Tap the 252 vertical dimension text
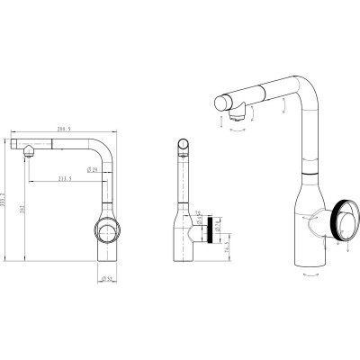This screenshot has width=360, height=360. pyautogui.click(x=22, y=209)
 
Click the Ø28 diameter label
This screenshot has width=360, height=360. pyautogui.click(x=93, y=168)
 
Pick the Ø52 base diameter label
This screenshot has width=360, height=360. pyautogui.click(x=105, y=278)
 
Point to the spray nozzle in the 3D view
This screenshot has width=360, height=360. pyautogui.click(x=238, y=114)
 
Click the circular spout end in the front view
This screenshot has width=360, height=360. pyautogui.click(x=184, y=144)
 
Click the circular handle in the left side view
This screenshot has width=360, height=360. pyautogui.click(x=104, y=231)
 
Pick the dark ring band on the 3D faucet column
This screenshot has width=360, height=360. pyautogui.click(x=310, y=169)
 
